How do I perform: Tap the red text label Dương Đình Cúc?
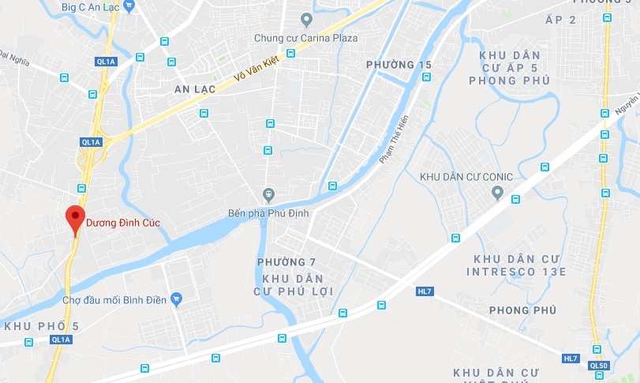tap(122, 223)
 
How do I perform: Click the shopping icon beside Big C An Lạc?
tap(129, 4)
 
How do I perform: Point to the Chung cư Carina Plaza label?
tap(305, 38)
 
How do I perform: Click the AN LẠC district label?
tap(195, 90)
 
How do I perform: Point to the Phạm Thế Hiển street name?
tap(394, 139)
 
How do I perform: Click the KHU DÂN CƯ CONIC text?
tap(466, 176)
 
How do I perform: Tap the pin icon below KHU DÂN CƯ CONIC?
tap(497, 193)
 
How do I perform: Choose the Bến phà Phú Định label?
tap(268, 213)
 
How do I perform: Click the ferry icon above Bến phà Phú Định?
tap(268, 194)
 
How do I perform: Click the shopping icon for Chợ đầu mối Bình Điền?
tap(177, 299)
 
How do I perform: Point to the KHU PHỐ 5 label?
tap(42, 325)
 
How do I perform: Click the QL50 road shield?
tap(600, 365)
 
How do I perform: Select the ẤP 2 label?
tap(561, 41)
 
